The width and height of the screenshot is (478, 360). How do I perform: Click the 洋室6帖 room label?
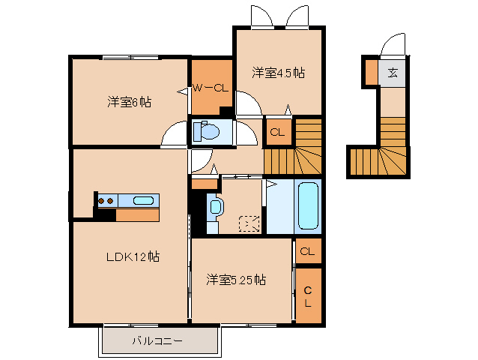pyautogui.click(x=129, y=101)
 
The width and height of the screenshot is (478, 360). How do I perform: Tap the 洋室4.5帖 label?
pyautogui.click(x=278, y=73)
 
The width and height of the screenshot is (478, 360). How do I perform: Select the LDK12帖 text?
pyautogui.click(x=132, y=256)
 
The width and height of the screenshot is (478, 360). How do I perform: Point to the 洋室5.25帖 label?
pyautogui.click(x=235, y=280)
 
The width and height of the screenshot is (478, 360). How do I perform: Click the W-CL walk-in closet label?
pyautogui.click(x=210, y=88)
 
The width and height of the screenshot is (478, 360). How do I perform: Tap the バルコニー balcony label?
pyautogui.click(x=158, y=341)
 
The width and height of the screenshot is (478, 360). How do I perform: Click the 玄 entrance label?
pyautogui.click(x=393, y=73)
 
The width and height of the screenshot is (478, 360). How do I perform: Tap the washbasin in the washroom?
pyautogui.click(x=216, y=206)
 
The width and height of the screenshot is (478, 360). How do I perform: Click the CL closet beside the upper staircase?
pyautogui.click(x=277, y=133)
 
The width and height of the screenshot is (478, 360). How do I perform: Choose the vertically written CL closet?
pyautogui.click(x=308, y=295)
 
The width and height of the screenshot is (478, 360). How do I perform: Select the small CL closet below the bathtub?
pyautogui.click(x=307, y=251)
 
